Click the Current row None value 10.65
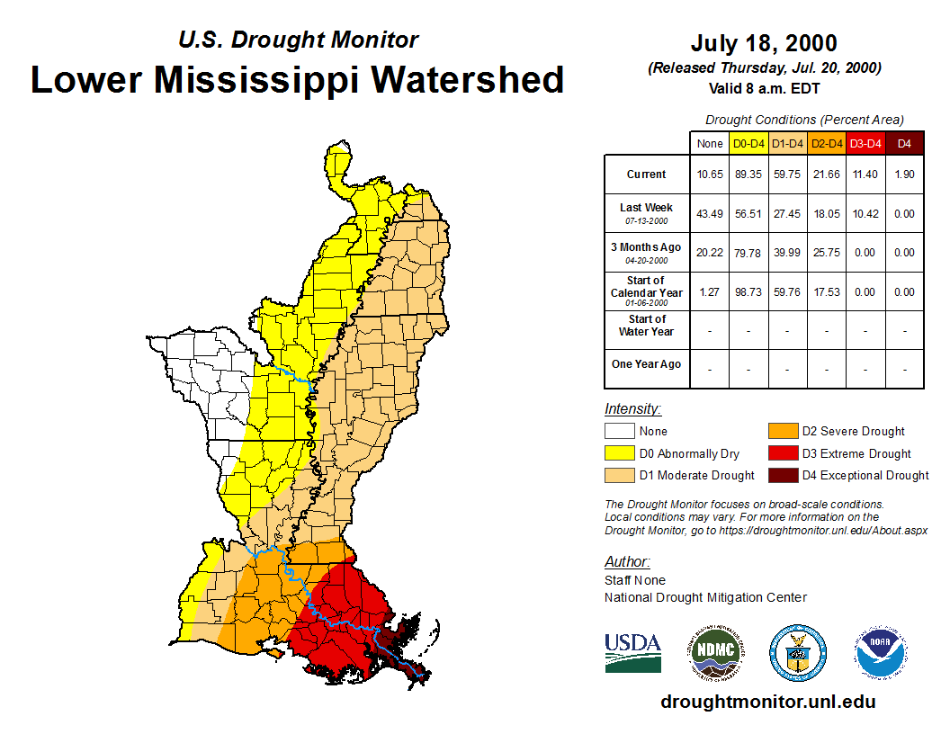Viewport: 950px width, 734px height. click(709, 175)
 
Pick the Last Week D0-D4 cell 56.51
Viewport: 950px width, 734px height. click(748, 214)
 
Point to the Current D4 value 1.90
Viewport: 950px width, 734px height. click(904, 175)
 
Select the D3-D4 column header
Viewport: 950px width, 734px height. click(865, 143)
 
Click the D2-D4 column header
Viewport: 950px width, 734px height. click(827, 143)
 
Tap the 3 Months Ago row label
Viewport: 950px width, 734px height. click(646, 252)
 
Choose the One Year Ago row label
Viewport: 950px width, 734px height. click(646, 364)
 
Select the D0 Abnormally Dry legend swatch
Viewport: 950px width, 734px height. click(619, 453)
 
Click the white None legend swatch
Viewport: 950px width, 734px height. click(619, 431)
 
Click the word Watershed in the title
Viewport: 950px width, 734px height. click(467, 79)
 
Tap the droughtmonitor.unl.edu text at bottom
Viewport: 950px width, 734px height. click(767, 702)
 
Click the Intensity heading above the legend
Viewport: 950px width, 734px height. click(632, 408)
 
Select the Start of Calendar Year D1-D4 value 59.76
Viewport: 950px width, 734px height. click(787, 291)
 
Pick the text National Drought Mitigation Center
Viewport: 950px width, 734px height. click(705, 597)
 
